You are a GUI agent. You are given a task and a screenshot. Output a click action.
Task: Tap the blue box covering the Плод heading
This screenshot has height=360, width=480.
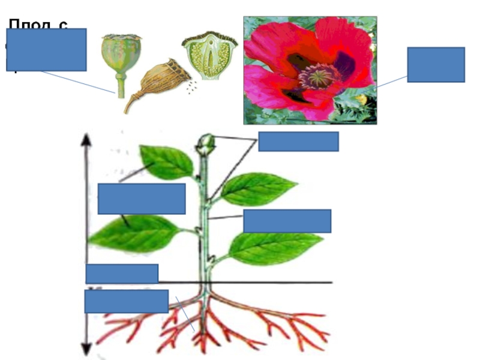(46, 50)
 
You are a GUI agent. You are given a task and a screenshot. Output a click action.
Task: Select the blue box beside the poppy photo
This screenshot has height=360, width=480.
(436, 64)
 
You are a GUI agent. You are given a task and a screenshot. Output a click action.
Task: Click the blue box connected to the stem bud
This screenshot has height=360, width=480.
(298, 142)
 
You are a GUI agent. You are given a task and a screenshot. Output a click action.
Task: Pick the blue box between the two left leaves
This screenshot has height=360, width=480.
(142, 199)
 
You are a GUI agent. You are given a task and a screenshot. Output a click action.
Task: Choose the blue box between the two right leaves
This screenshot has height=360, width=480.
(287, 221)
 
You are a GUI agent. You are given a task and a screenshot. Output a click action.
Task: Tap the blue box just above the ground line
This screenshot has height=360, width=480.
(122, 274)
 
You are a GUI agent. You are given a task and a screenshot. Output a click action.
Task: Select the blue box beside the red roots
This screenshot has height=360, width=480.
(126, 301)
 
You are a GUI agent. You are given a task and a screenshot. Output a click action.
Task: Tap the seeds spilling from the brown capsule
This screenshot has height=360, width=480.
(191, 88)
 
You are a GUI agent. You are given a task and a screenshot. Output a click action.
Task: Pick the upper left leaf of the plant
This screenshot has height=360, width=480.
(166, 162)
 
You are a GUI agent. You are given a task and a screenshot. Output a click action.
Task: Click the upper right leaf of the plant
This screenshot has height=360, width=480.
(258, 188)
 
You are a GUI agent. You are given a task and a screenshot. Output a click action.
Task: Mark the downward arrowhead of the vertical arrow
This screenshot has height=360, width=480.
(86, 349)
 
